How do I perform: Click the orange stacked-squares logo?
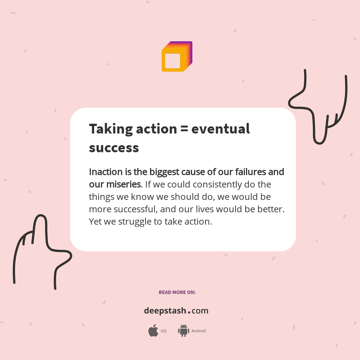[177, 57]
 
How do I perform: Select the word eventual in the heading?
[220, 129]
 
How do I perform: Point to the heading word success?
[114, 148]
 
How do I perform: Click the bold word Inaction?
[106, 172]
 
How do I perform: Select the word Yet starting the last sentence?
[95, 222]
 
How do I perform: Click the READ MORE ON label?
[177, 292]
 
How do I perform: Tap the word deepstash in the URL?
[165, 311]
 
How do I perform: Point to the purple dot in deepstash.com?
[189, 312]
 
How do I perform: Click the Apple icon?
[153, 331]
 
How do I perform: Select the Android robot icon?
[183, 331]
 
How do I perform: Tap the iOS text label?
[163, 331]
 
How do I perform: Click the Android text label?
[199, 331]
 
